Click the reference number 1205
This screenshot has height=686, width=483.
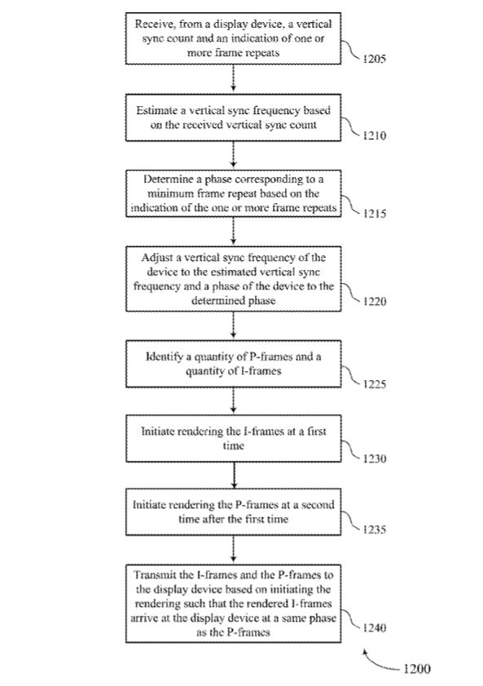coord(375,59)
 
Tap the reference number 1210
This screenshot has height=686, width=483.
coord(375,135)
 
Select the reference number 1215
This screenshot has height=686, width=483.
coord(375,214)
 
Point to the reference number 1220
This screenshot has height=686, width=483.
coord(375,302)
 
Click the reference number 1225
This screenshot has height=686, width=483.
coord(375,384)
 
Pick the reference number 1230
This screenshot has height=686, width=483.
coord(375,458)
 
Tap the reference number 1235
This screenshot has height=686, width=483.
coord(375,529)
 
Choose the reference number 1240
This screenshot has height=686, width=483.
coord(375,628)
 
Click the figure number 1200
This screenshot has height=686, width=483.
coord(417,669)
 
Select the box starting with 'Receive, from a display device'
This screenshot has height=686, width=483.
coord(233,38)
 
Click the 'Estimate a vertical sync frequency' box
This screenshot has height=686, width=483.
coord(233,117)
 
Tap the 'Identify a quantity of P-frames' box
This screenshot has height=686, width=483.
coord(233,364)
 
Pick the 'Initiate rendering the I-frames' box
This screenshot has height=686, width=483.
coord(233,438)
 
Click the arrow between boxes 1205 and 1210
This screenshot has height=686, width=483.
coord(233,79)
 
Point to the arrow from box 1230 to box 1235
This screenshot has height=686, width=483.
coord(234,475)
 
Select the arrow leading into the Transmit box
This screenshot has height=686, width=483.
coord(233,549)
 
